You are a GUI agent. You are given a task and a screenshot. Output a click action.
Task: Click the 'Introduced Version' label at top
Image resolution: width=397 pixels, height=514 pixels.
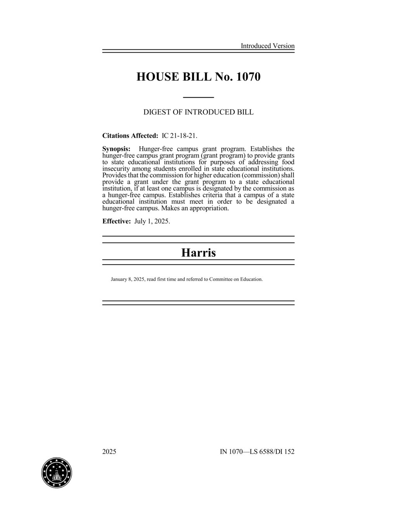point(268,46)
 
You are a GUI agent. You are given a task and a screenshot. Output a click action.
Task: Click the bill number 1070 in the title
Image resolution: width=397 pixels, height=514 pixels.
point(248,77)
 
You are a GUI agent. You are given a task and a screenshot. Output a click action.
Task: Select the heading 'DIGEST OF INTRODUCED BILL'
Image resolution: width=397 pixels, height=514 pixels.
point(198,112)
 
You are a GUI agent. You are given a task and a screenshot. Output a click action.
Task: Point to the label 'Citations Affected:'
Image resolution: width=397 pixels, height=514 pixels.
point(130,136)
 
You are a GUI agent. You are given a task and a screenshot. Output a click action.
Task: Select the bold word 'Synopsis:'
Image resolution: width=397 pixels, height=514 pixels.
point(116,149)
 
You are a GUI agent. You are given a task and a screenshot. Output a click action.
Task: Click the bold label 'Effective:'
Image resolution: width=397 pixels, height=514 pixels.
point(116,222)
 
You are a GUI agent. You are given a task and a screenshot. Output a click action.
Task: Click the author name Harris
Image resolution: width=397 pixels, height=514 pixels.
point(198,253)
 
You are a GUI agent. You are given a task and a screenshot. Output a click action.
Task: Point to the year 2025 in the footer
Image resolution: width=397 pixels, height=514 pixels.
point(109,452)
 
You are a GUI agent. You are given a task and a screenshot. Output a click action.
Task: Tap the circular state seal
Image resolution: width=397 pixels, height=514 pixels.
point(57,473)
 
